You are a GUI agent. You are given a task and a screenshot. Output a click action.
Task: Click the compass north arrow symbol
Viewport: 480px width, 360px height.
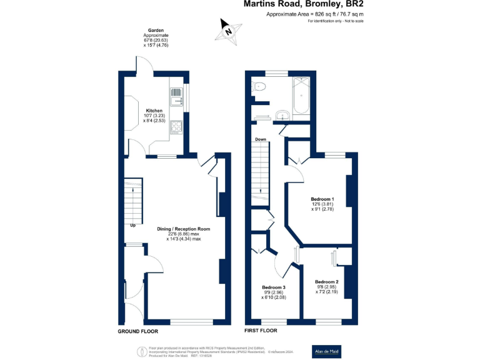click(229, 29)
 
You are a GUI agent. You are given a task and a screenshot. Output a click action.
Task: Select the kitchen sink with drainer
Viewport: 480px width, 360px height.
click(176, 97)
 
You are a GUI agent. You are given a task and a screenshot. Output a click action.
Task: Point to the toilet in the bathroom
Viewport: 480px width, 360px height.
click(259, 87)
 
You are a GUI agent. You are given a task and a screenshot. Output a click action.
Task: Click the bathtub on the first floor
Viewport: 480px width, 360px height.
click(301, 96)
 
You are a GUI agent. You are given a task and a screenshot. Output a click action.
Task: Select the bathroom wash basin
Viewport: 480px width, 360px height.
click(283, 114)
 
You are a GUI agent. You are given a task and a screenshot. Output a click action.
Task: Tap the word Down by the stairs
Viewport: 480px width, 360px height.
click(261, 139)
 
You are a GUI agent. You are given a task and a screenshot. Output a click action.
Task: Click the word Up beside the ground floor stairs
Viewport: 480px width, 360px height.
click(132, 226)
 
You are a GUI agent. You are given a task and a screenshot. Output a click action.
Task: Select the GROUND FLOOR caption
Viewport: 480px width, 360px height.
click(138, 331)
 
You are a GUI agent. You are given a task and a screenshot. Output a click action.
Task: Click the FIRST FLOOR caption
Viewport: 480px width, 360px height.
click(261, 331)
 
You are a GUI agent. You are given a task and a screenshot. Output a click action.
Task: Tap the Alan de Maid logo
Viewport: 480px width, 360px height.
click(326, 352)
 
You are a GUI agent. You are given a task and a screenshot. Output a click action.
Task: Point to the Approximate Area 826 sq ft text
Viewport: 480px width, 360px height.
click(314, 14)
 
